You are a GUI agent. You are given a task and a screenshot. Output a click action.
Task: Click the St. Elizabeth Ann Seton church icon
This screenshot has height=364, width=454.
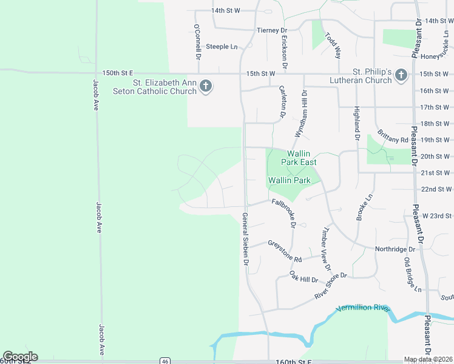click(x=206, y=86)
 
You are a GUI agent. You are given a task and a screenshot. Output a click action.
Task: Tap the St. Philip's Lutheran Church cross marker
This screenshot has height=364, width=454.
click(x=401, y=75)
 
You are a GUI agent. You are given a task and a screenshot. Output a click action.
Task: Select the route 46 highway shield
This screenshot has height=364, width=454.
click(x=165, y=361)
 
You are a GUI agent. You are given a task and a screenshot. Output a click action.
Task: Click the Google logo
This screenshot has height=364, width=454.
click(x=20, y=357)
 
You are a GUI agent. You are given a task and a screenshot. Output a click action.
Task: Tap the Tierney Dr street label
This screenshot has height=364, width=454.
click(x=271, y=30)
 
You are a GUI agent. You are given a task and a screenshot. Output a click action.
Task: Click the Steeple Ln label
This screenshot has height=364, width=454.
click(x=221, y=47)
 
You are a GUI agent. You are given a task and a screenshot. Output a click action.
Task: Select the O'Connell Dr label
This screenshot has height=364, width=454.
click(x=197, y=41)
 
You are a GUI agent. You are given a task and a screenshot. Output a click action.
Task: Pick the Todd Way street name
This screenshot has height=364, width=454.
click(x=333, y=45)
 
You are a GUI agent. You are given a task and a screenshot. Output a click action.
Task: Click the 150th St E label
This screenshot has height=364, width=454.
click(x=117, y=73)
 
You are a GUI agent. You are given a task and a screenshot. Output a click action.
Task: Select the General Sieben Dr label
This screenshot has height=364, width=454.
click(x=245, y=239)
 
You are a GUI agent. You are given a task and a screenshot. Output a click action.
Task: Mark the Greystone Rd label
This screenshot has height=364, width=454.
click(x=285, y=251)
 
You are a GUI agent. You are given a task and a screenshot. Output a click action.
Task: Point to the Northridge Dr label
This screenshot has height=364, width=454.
click(x=395, y=249)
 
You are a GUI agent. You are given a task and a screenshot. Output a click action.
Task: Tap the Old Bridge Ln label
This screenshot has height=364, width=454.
click(x=411, y=275)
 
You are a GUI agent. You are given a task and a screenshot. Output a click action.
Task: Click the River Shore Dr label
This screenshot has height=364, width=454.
click(x=330, y=285)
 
